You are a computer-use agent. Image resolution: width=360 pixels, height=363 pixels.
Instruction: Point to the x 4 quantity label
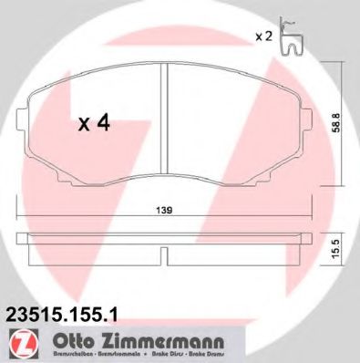click(93, 124)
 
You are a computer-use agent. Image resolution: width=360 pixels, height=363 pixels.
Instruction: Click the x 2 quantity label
click(263, 36)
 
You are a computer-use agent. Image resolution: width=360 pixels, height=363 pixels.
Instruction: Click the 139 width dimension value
click(164, 211)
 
